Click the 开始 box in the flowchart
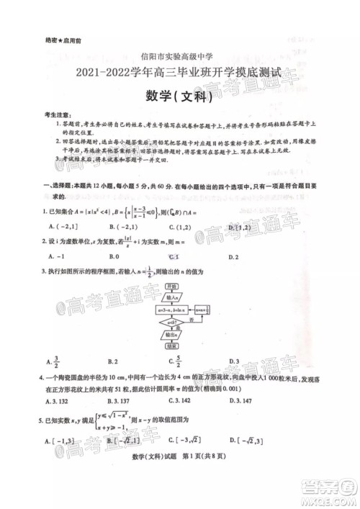(x=174, y=286)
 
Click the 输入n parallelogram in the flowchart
(x=174, y=297)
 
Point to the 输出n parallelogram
(x=174, y=335)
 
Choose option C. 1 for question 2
(x=173, y=257)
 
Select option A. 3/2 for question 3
(x=53, y=361)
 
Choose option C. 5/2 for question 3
(x=174, y=361)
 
